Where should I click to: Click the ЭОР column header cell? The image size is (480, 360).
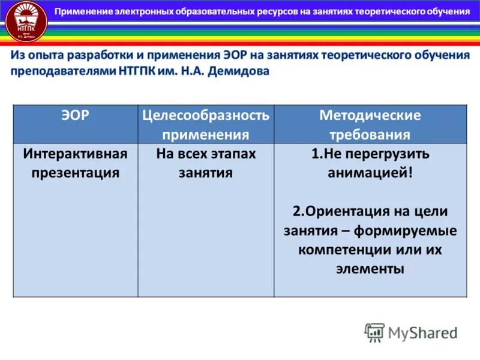(x=76, y=116)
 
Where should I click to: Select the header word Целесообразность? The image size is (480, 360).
(x=206, y=115)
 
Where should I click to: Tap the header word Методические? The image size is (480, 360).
(x=370, y=115)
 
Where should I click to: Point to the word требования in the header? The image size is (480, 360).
(x=370, y=134)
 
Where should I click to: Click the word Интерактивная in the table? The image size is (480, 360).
(x=76, y=154)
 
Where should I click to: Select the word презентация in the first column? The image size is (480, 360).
(x=76, y=173)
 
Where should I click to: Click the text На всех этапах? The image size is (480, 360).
(x=206, y=154)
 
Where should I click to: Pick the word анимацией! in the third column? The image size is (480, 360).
(x=370, y=173)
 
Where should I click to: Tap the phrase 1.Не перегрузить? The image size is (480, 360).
(x=370, y=154)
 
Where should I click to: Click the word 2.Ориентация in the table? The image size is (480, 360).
(x=336, y=211)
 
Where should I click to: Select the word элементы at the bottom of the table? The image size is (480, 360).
(x=370, y=269)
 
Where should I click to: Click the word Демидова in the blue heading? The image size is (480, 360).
(x=238, y=71)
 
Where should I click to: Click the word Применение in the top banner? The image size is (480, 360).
(x=90, y=11)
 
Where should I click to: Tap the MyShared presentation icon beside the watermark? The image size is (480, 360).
(x=374, y=332)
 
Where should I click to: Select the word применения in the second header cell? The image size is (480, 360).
(x=206, y=134)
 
